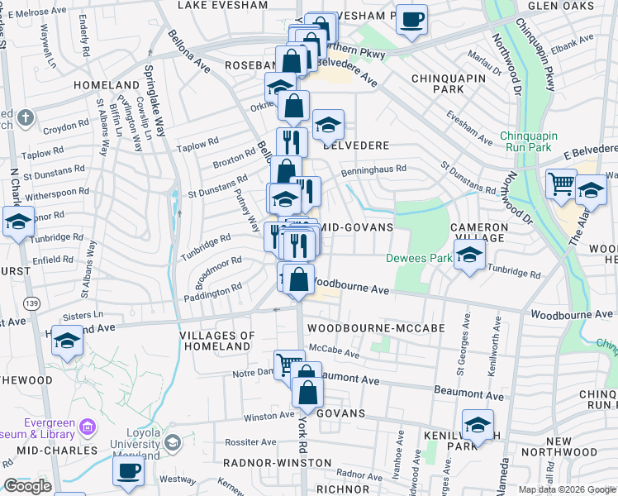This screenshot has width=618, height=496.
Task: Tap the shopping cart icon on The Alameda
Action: (562, 184)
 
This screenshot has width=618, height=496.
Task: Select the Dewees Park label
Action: (418, 258)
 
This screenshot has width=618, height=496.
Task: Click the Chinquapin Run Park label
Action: (529, 141)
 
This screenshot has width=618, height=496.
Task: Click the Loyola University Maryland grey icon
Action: (173, 441)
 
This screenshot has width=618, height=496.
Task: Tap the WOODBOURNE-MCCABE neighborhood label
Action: (376, 328)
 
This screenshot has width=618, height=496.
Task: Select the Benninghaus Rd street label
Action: (373, 169)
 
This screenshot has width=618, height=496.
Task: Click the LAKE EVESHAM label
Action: (223, 5)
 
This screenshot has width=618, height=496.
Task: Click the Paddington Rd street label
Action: (213, 289)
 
